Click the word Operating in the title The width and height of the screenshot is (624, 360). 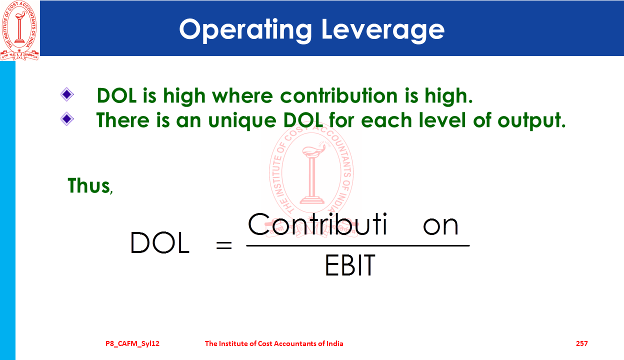pyautogui.click(x=245, y=30)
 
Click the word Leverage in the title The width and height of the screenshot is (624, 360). pyautogui.click(x=383, y=30)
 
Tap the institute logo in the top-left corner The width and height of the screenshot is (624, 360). pyautogui.click(x=19, y=30)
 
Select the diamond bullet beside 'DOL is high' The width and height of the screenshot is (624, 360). pyautogui.click(x=67, y=94)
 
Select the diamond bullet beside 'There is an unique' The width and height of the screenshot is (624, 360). pyautogui.click(x=67, y=119)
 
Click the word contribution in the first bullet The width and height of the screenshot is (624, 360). pyautogui.click(x=338, y=95)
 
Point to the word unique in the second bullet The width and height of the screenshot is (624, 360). pyautogui.click(x=242, y=121)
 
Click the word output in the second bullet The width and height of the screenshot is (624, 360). pyautogui.click(x=531, y=121)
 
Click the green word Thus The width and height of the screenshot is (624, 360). pyautogui.click(x=89, y=185)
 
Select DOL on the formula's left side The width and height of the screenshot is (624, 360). pyautogui.click(x=159, y=242)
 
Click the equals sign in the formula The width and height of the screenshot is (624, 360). pyautogui.click(x=224, y=245)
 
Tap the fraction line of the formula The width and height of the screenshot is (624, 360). pyautogui.click(x=358, y=246)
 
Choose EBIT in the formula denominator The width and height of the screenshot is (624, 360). pyautogui.click(x=350, y=265)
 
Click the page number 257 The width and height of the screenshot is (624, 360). pyautogui.click(x=581, y=343)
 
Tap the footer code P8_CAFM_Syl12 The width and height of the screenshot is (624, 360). pyautogui.click(x=132, y=344)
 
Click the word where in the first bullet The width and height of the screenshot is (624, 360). pyautogui.click(x=242, y=95)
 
